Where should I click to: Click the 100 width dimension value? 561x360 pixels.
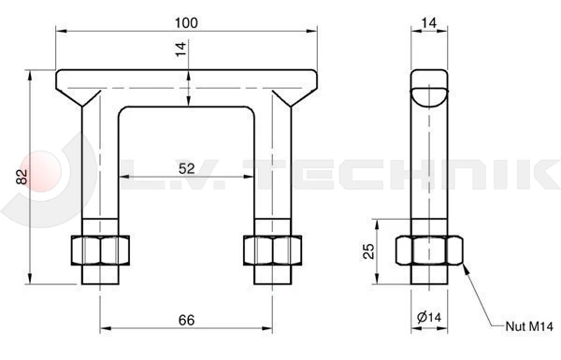pyautogui.click(x=186, y=22)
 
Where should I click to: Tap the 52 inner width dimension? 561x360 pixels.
pyautogui.click(x=186, y=167)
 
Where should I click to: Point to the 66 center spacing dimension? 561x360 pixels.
pyautogui.click(x=186, y=320)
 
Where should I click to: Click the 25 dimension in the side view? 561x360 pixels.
pyautogui.click(x=368, y=251)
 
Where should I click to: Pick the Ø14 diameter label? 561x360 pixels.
pyautogui.click(x=429, y=320)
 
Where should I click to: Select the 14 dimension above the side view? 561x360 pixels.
pyautogui.click(x=429, y=22)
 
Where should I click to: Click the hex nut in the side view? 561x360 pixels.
pyautogui.click(x=429, y=250)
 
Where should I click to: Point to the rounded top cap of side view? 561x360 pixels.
pyautogui.click(x=429, y=88)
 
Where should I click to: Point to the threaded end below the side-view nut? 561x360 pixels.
pyautogui.click(x=429, y=275)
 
